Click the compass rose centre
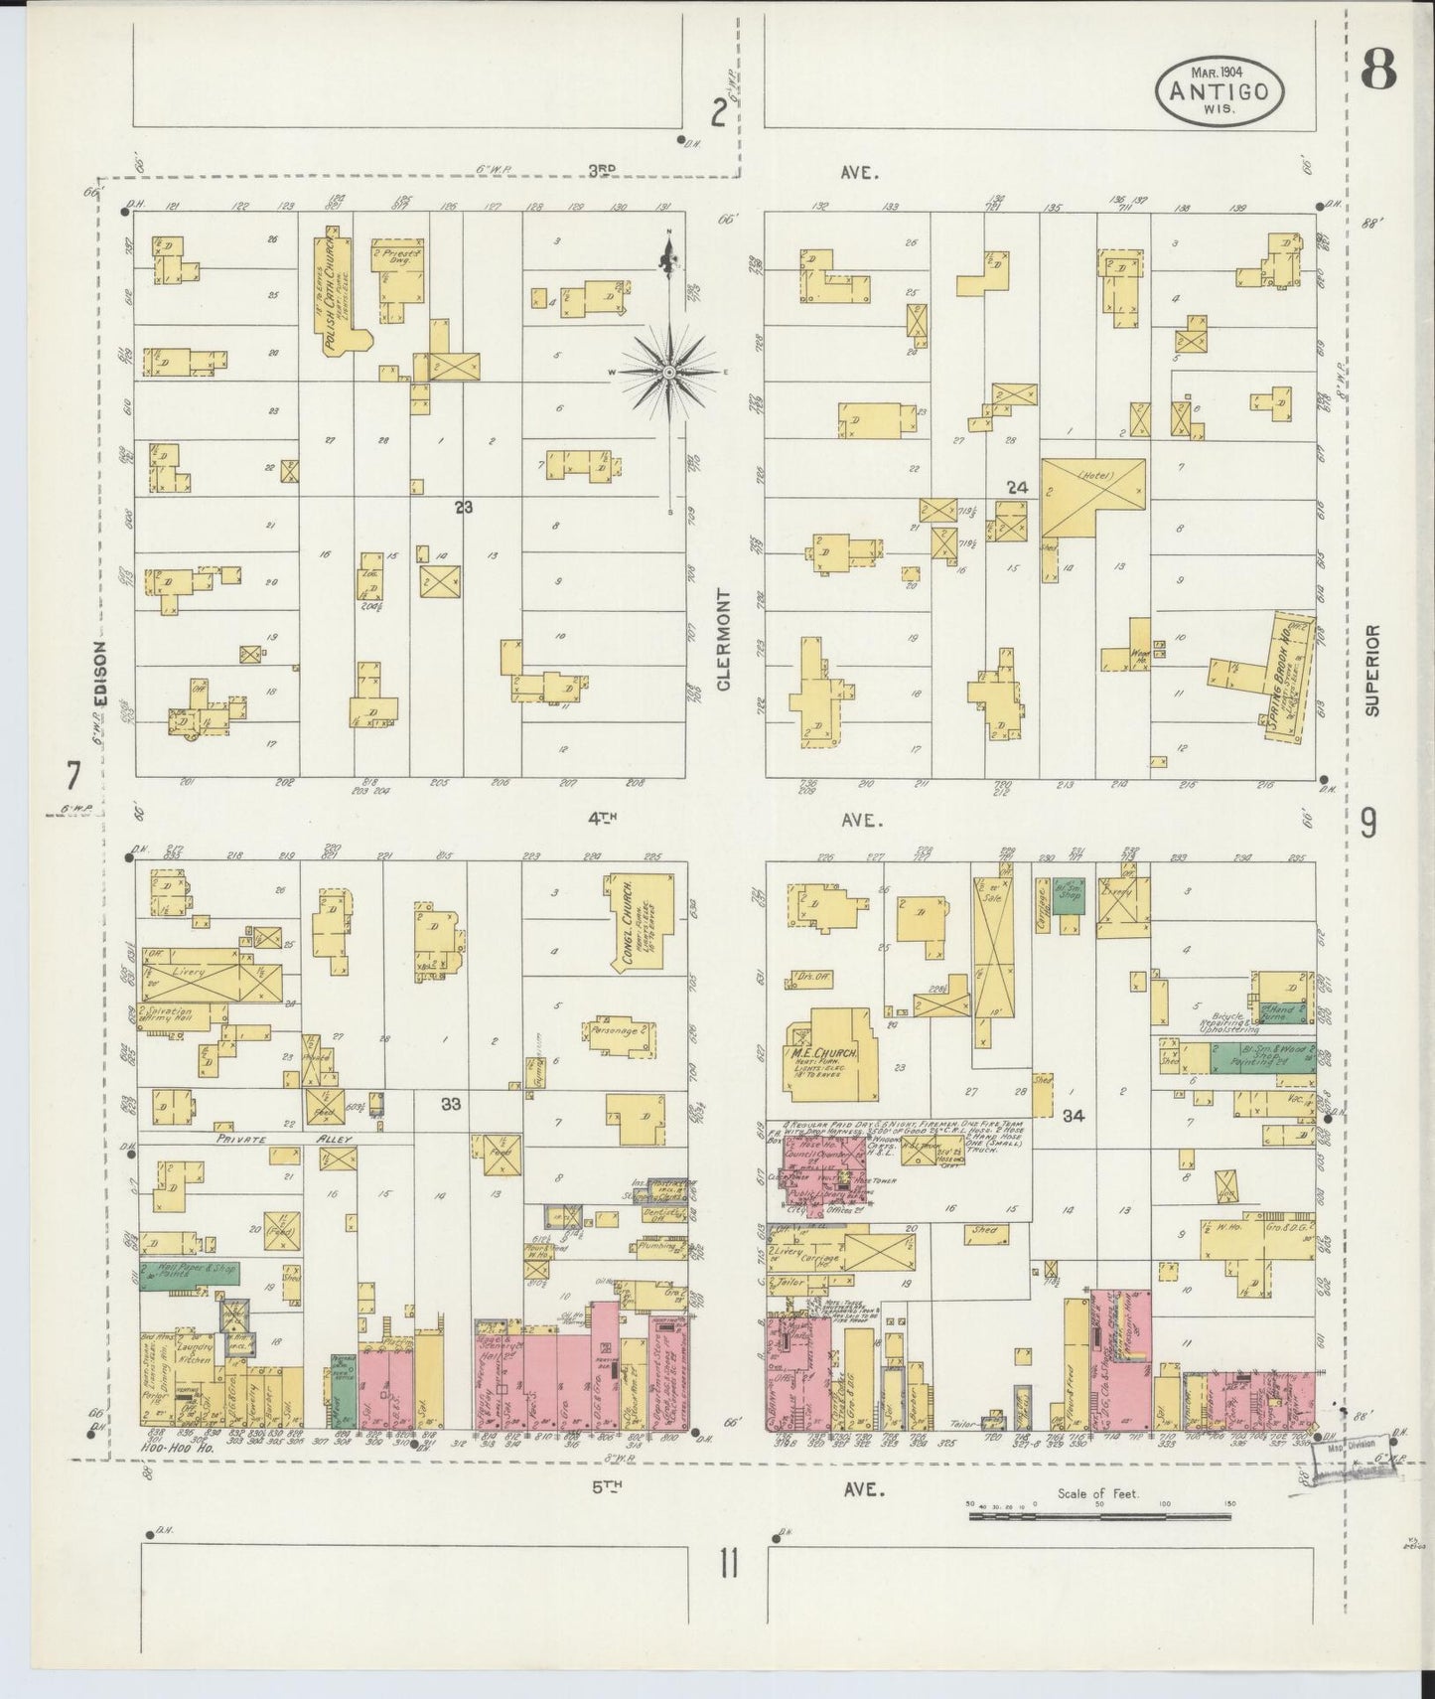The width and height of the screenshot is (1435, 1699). coord(669,372)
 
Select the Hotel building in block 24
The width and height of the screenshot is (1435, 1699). coord(1092,494)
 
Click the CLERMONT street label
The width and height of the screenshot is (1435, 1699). coord(723,640)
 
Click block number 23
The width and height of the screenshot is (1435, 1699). coord(463,507)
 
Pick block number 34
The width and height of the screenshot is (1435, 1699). coord(1072,1116)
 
